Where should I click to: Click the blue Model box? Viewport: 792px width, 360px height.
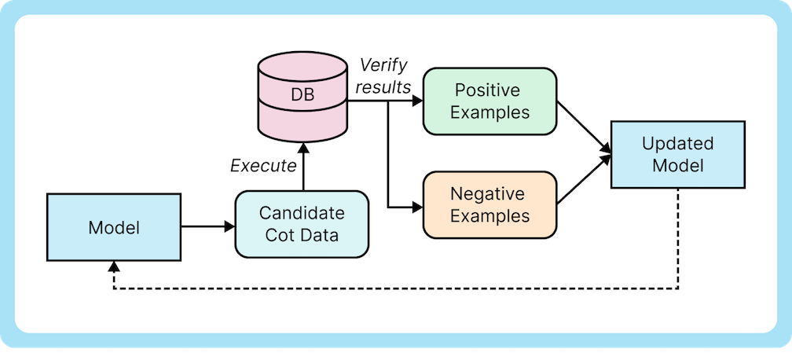coord(114,228)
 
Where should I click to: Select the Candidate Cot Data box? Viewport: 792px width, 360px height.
coord(302,224)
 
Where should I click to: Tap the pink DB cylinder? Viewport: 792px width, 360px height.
coord(302,96)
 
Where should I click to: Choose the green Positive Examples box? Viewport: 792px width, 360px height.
coord(489,100)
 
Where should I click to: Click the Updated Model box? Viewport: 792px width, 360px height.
coord(677,155)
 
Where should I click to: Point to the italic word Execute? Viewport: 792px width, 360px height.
coord(263,166)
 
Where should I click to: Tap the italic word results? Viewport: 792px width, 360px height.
coord(383,86)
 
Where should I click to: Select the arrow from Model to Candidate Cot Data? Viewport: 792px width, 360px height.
coord(208,227)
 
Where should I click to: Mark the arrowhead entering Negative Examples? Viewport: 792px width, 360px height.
coord(417,208)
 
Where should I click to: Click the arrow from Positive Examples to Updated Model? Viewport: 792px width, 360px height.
coord(583,125)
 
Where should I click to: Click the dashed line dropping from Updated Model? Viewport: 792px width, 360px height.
coord(677,236)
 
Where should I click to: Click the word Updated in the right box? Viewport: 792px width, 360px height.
coord(677,145)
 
